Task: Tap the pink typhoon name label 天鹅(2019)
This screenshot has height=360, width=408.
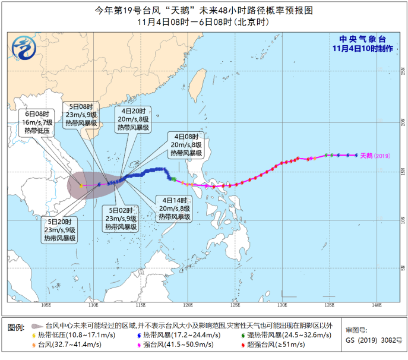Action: [x=377, y=156]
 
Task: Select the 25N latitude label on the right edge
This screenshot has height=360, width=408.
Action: [x=402, y=75]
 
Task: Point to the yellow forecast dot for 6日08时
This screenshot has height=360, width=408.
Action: [x=81, y=186]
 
